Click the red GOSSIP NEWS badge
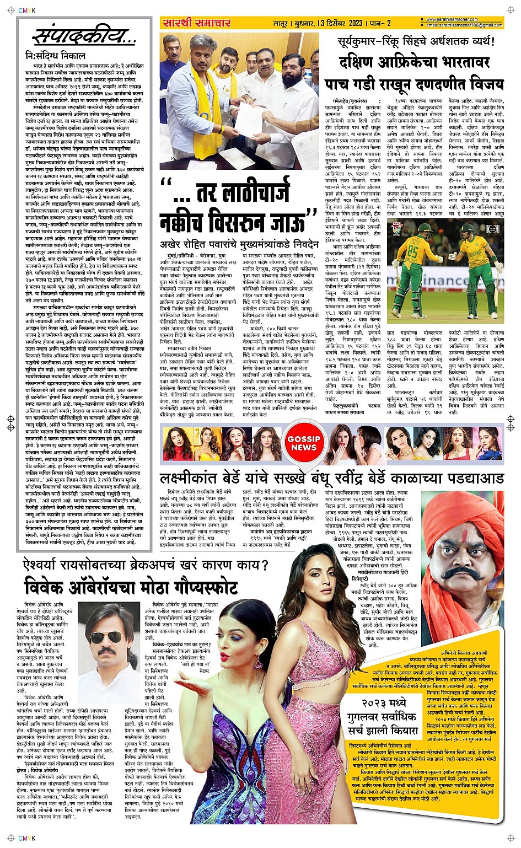click(303, 443)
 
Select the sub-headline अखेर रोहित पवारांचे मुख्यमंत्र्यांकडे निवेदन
click(239, 244)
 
